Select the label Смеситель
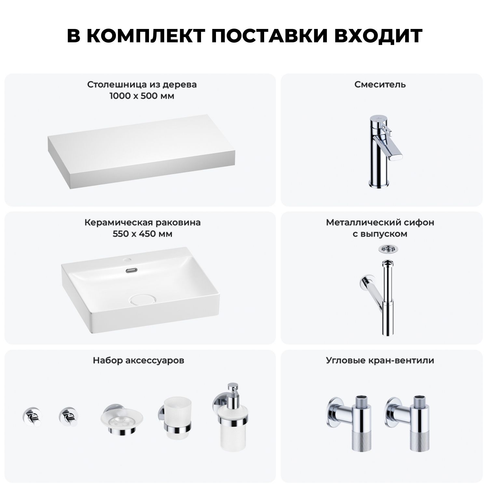pos(380,85)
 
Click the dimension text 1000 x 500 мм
pos(142,96)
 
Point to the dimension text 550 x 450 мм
pos(142,234)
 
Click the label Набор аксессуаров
pos(139,360)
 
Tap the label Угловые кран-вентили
pos(380,360)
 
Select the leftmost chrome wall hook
pos(32,416)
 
